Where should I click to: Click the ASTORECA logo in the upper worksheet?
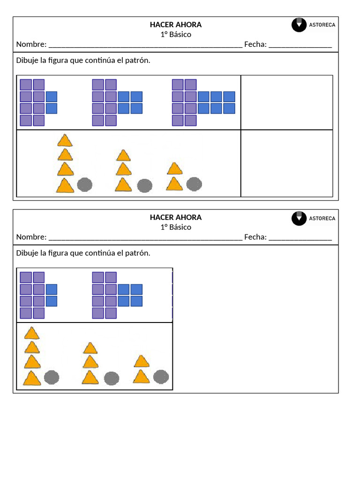(313, 25)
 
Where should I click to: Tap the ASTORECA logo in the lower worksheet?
(313, 218)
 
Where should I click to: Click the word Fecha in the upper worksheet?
(255, 45)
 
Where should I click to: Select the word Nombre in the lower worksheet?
(31, 237)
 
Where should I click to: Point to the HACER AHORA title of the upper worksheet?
(176, 25)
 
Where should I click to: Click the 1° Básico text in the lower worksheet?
(176, 227)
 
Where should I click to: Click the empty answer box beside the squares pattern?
(287, 102)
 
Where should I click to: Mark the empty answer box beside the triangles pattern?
(287, 163)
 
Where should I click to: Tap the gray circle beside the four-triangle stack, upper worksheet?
(84, 185)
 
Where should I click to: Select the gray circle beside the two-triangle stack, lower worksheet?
(161, 376)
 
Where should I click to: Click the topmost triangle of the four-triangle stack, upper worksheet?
(65, 141)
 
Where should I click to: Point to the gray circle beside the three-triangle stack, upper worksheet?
(144, 186)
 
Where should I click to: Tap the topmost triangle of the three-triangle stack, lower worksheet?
(90, 348)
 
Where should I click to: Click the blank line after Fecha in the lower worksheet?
(300, 238)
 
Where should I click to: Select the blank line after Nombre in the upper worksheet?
(145, 45)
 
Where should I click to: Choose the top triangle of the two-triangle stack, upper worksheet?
(174, 169)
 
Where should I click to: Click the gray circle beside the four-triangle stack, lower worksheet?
(52, 377)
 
